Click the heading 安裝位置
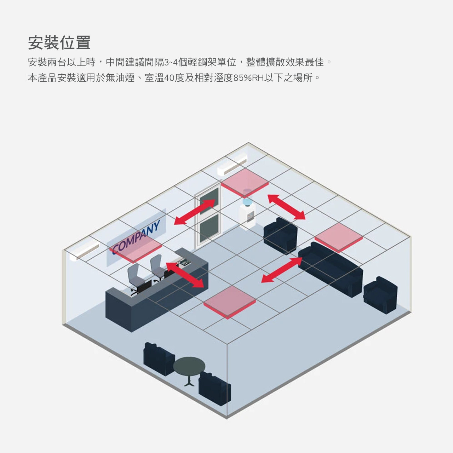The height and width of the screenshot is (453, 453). click(x=59, y=43)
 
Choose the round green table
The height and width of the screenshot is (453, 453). click(x=189, y=367)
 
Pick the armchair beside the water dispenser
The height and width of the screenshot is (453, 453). click(x=280, y=235)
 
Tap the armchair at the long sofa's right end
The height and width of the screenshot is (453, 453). click(x=380, y=294)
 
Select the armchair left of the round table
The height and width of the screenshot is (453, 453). click(x=159, y=359)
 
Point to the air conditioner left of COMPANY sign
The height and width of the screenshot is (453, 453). click(x=84, y=251)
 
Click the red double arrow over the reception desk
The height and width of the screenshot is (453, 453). click(x=185, y=275)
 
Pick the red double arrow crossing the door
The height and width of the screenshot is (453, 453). click(x=194, y=212)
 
